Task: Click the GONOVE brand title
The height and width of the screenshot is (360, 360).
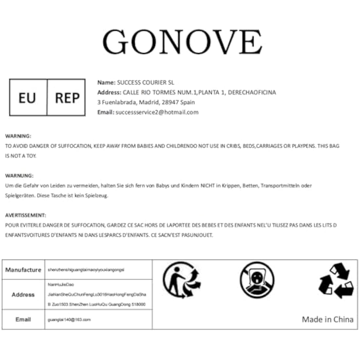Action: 182,42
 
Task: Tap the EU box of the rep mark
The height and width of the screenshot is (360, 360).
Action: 27,98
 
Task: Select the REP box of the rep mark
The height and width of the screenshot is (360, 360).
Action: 67,98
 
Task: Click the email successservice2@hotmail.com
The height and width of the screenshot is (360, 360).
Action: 157,112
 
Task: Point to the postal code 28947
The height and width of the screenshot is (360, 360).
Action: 170,102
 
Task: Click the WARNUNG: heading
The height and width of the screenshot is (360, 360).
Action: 19,176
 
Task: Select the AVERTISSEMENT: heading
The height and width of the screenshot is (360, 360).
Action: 26,215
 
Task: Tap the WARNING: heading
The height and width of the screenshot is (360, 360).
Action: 18,136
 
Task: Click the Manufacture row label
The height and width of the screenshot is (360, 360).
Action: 23,270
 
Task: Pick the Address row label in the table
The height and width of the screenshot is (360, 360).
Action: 23,295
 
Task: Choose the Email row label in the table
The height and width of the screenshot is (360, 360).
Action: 23,319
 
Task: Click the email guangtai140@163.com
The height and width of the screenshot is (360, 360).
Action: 69,320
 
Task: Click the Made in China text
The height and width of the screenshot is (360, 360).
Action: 328,319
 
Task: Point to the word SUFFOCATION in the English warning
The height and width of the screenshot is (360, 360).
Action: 75,146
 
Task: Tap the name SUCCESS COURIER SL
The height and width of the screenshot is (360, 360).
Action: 146,82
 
